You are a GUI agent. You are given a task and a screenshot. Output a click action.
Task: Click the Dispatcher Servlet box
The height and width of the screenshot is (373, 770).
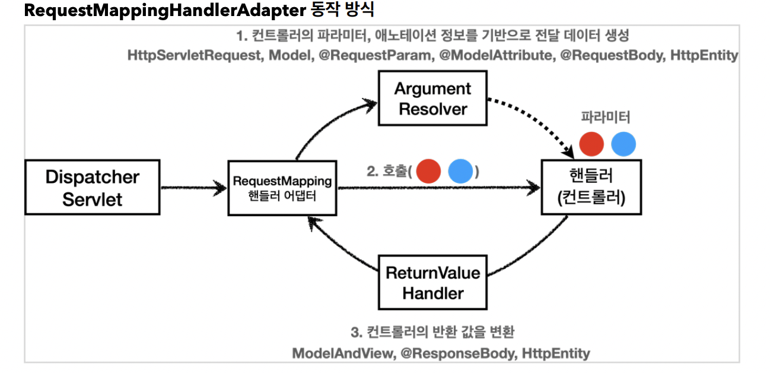pyautogui.click(x=93, y=187)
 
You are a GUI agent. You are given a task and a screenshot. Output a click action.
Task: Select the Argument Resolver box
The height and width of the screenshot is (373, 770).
pyautogui.click(x=432, y=99)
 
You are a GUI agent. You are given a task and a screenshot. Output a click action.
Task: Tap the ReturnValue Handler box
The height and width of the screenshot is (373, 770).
pyautogui.click(x=432, y=283)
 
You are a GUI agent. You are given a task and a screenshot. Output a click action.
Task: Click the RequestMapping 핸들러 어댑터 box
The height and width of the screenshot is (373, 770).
pyautogui.click(x=282, y=188)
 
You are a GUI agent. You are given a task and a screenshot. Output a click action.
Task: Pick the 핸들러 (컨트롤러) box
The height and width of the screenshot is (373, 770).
pyautogui.click(x=591, y=187)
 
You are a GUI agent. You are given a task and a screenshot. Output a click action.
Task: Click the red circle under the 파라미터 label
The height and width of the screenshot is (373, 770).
pyautogui.click(x=591, y=144)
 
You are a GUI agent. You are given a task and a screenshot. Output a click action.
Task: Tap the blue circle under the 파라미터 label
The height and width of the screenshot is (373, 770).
pyautogui.click(x=623, y=144)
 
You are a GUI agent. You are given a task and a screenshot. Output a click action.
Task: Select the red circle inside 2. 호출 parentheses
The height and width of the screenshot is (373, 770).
pyautogui.click(x=428, y=171)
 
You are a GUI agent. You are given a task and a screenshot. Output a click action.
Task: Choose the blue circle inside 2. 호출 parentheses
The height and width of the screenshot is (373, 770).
pyautogui.click(x=460, y=171)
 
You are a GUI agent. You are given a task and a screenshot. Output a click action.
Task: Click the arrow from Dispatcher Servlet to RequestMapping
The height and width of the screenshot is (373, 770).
pyautogui.click(x=193, y=188)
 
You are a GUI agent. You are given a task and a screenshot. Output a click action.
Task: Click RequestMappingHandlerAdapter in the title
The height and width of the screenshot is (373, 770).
pyautogui.click(x=165, y=10)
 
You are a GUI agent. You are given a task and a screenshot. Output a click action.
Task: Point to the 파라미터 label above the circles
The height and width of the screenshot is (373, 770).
pyautogui.click(x=605, y=117)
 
